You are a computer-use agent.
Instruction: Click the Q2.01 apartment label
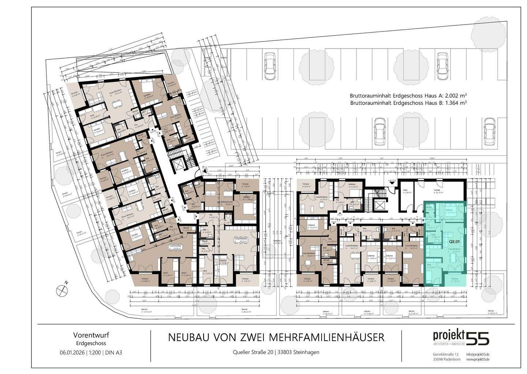pos(455,242)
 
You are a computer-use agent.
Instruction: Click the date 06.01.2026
pos(72,353)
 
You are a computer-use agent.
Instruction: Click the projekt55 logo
pos(461,337)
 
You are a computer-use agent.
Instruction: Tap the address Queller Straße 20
pos(253,352)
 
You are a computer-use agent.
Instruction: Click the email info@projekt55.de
pos(478,354)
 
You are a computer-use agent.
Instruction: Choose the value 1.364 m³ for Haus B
pos(454,103)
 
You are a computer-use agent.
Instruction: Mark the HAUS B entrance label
pos(392,181)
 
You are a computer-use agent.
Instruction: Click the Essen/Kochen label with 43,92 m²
pos(175,247)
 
